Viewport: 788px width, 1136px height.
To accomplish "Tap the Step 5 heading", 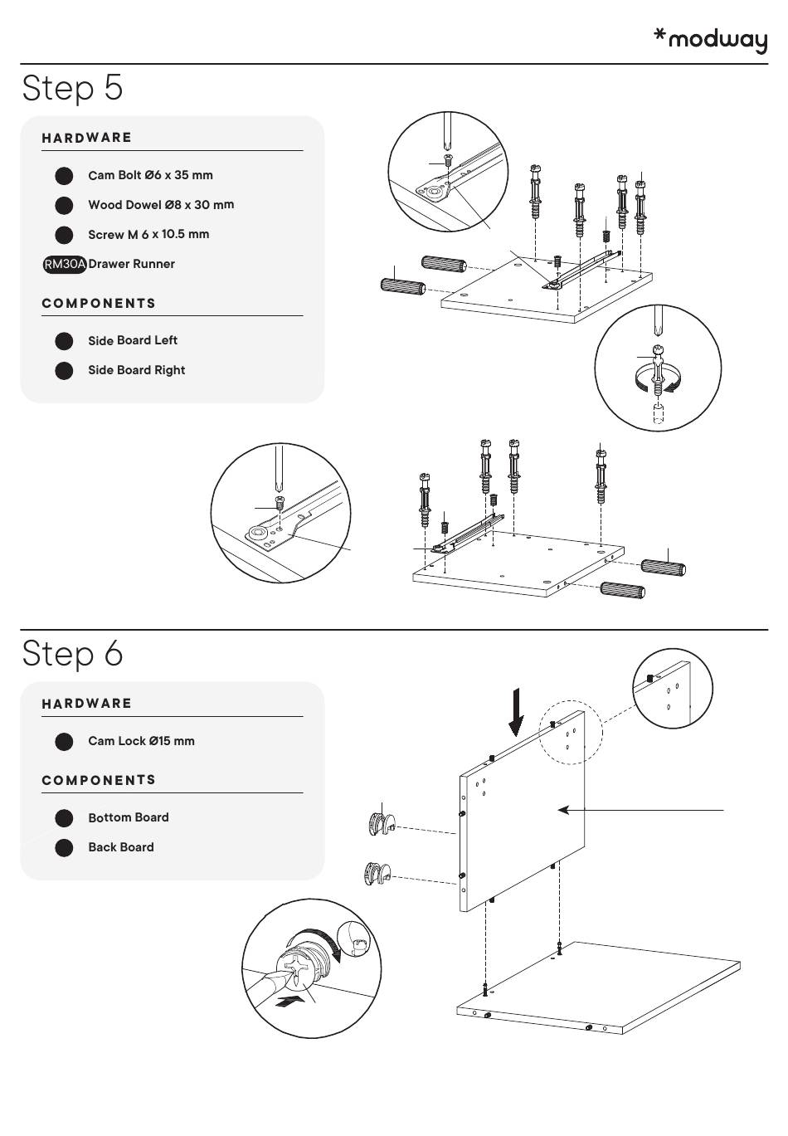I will tap(73, 87).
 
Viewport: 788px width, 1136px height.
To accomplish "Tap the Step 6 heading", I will tap(73, 653).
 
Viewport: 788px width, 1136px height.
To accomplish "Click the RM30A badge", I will tap(65, 265).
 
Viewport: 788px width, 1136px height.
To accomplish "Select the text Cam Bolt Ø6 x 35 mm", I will tap(150, 175).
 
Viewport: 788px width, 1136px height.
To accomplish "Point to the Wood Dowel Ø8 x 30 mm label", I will tap(161, 205).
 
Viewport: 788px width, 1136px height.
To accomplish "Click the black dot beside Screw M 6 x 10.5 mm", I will tap(64, 235).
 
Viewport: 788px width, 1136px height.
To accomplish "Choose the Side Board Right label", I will tap(136, 370).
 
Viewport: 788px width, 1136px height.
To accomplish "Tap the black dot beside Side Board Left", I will tap(64, 341).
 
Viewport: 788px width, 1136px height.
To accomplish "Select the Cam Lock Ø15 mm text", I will tap(141, 741).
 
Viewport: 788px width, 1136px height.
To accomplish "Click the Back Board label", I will tap(120, 847).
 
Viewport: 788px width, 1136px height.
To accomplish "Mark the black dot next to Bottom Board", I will tap(64, 818).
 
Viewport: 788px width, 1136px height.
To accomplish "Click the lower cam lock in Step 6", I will tap(377, 874).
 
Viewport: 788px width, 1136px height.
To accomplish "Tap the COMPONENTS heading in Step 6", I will tap(99, 780).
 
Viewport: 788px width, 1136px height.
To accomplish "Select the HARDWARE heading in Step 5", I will tap(87, 138).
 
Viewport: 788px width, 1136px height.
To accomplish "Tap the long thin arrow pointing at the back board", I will tap(643, 809).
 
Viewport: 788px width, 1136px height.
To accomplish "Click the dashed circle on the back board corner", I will tap(570, 733).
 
